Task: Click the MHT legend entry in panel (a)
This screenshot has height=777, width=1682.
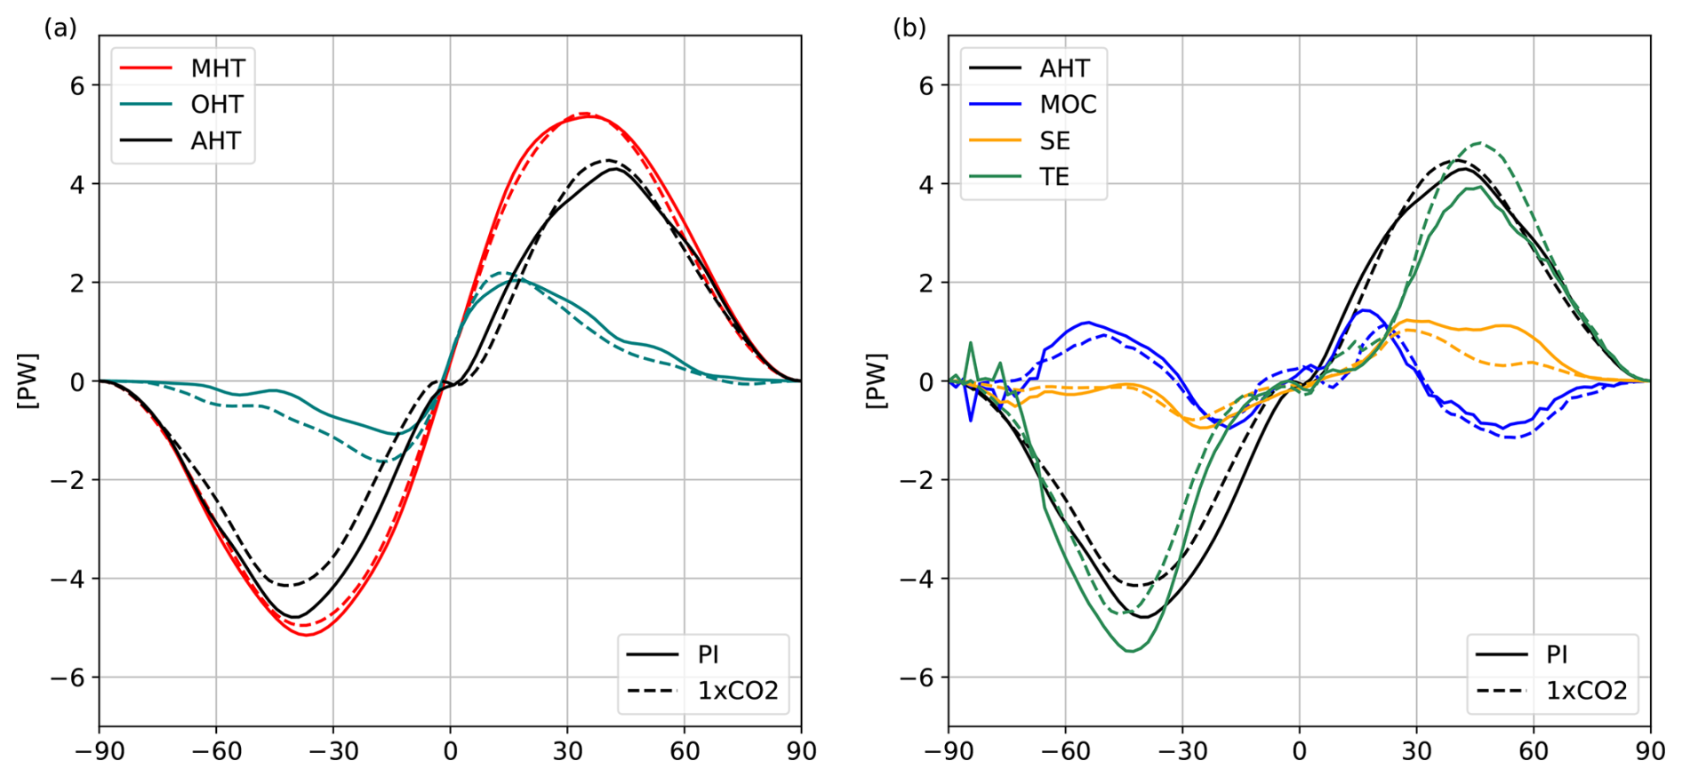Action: pyautogui.click(x=217, y=68)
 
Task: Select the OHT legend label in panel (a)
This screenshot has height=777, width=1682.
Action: pyautogui.click(x=216, y=105)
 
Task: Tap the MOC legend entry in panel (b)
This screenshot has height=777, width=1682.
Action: pyautogui.click(x=1068, y=105)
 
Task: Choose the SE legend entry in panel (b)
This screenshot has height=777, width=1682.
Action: pyautogui.click(x=1054, y=141)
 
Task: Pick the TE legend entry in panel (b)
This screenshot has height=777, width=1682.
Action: pyautogui.click(x=1054, y=178)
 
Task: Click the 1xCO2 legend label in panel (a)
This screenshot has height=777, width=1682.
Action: pyautogui.click(x=737, y=691)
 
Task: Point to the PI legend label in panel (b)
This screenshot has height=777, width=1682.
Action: pyautogui.click(x=1557, y=655)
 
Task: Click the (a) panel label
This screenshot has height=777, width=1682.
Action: pyautogui.click(x=60, y=28)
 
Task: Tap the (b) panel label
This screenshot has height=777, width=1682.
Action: pyautogui.click(x=909, y=28)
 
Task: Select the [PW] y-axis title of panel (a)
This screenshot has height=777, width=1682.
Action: pyautogui.click(x=28, y=381)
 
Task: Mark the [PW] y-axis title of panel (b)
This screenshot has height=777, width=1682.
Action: pyautogui.click(x=877, y=381)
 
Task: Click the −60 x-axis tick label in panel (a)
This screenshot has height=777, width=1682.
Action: pyautogui.click(x=216, y=752)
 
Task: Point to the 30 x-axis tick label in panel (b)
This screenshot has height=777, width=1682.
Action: pyautogui.click(x=1416, y=752)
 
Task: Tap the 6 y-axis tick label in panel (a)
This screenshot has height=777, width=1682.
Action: pyautogui.click(x=78, y=86)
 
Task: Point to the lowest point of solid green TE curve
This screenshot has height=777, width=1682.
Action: pyautogui.click(x=1131, y=652)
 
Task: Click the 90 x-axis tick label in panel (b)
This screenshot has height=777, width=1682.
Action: pyautogui.click(x=1650, y=752)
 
